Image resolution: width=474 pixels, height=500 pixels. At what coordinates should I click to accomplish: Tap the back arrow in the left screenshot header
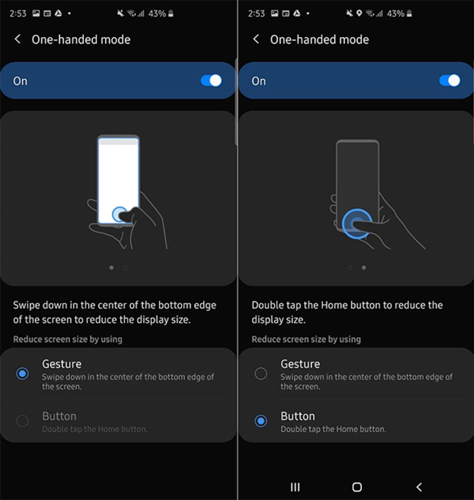click(17, 39)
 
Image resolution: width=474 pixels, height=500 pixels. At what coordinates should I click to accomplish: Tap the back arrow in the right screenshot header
click(256, 39)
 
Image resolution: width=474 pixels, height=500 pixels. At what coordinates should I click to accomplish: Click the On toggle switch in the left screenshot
click(211, 80)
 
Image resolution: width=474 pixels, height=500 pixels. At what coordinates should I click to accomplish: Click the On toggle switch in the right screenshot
click(450, 80)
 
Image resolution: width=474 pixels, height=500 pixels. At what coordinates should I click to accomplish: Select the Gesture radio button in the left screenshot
click(23, 373)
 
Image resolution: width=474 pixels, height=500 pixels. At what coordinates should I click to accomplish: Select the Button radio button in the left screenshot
click(23, 421)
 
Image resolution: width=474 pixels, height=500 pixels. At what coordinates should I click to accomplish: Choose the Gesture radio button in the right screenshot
click(261, 373)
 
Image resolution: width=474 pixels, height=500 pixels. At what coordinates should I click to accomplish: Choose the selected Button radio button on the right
click(261, 421)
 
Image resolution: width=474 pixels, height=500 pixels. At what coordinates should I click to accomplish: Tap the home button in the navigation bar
click(357, 487)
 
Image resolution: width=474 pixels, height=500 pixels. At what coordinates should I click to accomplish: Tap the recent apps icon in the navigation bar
click(295, 487)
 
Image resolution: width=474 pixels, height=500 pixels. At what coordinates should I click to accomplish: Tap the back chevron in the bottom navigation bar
click(419, 487)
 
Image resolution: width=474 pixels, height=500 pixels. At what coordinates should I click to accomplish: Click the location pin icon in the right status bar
click(359, 13)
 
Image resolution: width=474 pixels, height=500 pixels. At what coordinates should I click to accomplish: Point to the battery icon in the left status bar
click(171, 13)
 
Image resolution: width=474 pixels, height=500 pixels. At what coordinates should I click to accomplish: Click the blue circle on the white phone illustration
click(119, 215)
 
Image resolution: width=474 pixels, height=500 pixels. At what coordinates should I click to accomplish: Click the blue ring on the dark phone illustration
click(357, 224)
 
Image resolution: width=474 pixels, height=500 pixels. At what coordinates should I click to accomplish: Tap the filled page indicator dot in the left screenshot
click(111, 268)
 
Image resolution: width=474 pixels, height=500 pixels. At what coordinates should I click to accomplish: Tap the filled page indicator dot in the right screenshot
click(364, 268)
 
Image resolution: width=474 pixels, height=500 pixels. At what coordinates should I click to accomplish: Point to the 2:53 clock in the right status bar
click(256, 13)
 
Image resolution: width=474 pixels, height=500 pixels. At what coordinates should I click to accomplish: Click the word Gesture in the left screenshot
click(62, 364)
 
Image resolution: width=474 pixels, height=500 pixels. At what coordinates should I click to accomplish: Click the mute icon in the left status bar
click(120, 13)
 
